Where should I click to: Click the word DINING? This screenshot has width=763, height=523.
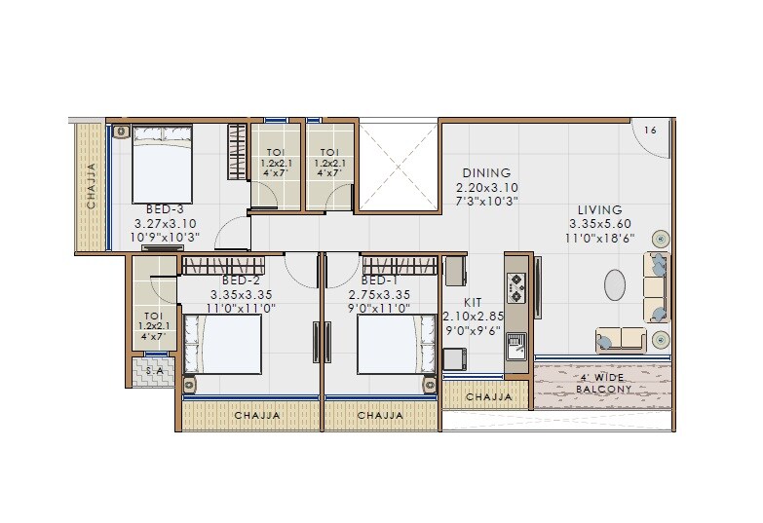click(x=486, y=173)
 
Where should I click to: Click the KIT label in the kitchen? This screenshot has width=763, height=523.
click(x=473, y=302)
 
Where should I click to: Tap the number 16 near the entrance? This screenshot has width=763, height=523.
click(x=651, y=130)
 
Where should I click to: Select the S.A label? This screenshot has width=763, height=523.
click(x=154, y=371)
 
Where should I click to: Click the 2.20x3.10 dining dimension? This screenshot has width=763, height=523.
click(x=487, y=187)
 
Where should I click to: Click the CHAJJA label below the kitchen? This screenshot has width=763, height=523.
click(x=488, y=396)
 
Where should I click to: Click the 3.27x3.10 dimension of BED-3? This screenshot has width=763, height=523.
click(x=165, y=223)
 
